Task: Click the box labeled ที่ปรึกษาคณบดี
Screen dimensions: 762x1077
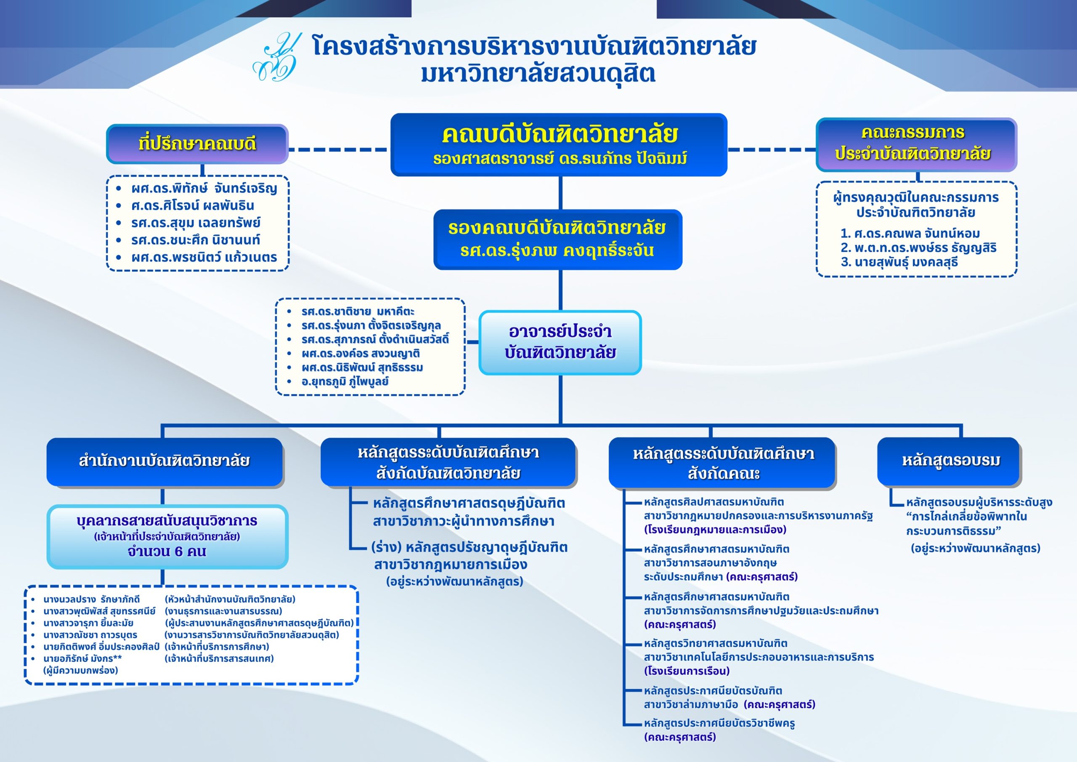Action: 197,144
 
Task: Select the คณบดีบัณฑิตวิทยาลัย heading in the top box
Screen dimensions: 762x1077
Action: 559,134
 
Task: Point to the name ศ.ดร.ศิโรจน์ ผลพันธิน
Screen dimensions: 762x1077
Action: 193,205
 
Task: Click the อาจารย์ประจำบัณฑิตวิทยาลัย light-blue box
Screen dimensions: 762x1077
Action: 560,342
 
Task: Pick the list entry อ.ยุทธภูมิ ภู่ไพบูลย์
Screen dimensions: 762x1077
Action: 345,381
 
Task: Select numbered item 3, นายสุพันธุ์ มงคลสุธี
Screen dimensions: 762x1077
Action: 899,262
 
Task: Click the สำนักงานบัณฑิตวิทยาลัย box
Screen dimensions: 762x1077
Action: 164,461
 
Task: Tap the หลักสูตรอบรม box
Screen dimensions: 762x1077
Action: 950,461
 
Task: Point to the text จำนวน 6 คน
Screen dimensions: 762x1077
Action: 167,551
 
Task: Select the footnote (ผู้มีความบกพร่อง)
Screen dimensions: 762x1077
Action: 81,671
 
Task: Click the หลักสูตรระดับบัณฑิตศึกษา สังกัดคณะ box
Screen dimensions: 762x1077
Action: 723,463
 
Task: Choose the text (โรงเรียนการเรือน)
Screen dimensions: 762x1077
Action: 687,671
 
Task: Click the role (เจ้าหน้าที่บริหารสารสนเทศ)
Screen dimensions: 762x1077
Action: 220,658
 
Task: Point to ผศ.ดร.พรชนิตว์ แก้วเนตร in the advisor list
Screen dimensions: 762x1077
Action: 204,257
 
